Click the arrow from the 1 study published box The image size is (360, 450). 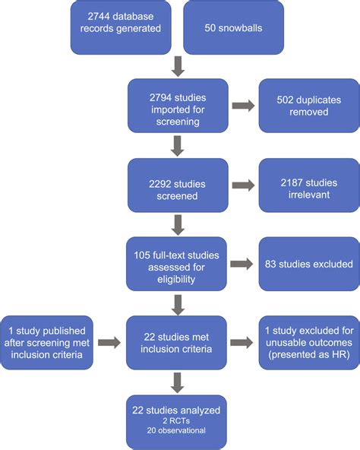(109, 343)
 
